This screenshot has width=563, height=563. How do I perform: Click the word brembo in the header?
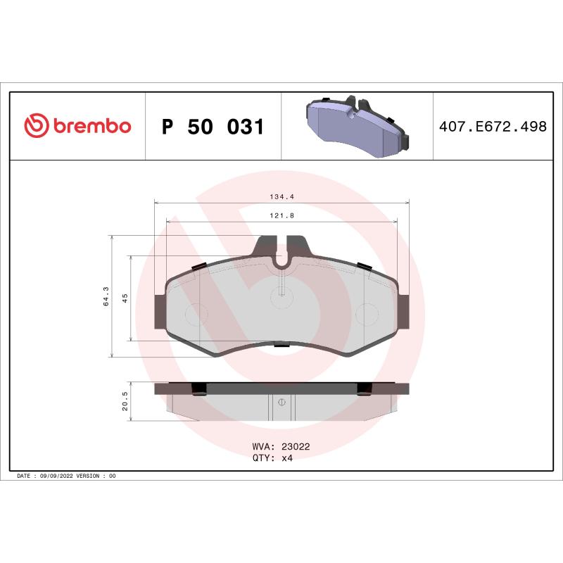coord(90,126)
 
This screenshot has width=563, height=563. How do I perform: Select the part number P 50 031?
coord(213,127)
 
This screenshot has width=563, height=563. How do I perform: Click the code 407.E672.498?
coord(492,127)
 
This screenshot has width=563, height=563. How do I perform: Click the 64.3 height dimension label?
coord(106,296)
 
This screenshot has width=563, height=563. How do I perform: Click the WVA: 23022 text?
coord(281,446)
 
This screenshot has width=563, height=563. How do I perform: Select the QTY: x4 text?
coord(272,457)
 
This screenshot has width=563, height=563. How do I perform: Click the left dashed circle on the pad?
coord(194,312)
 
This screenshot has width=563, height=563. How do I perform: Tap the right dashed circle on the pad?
coord(367,312)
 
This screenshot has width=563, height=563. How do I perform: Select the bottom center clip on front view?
coord(281,344)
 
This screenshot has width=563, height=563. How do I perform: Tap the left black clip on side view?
coord(199,388)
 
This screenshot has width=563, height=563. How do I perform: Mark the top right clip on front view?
coord(364,265)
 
